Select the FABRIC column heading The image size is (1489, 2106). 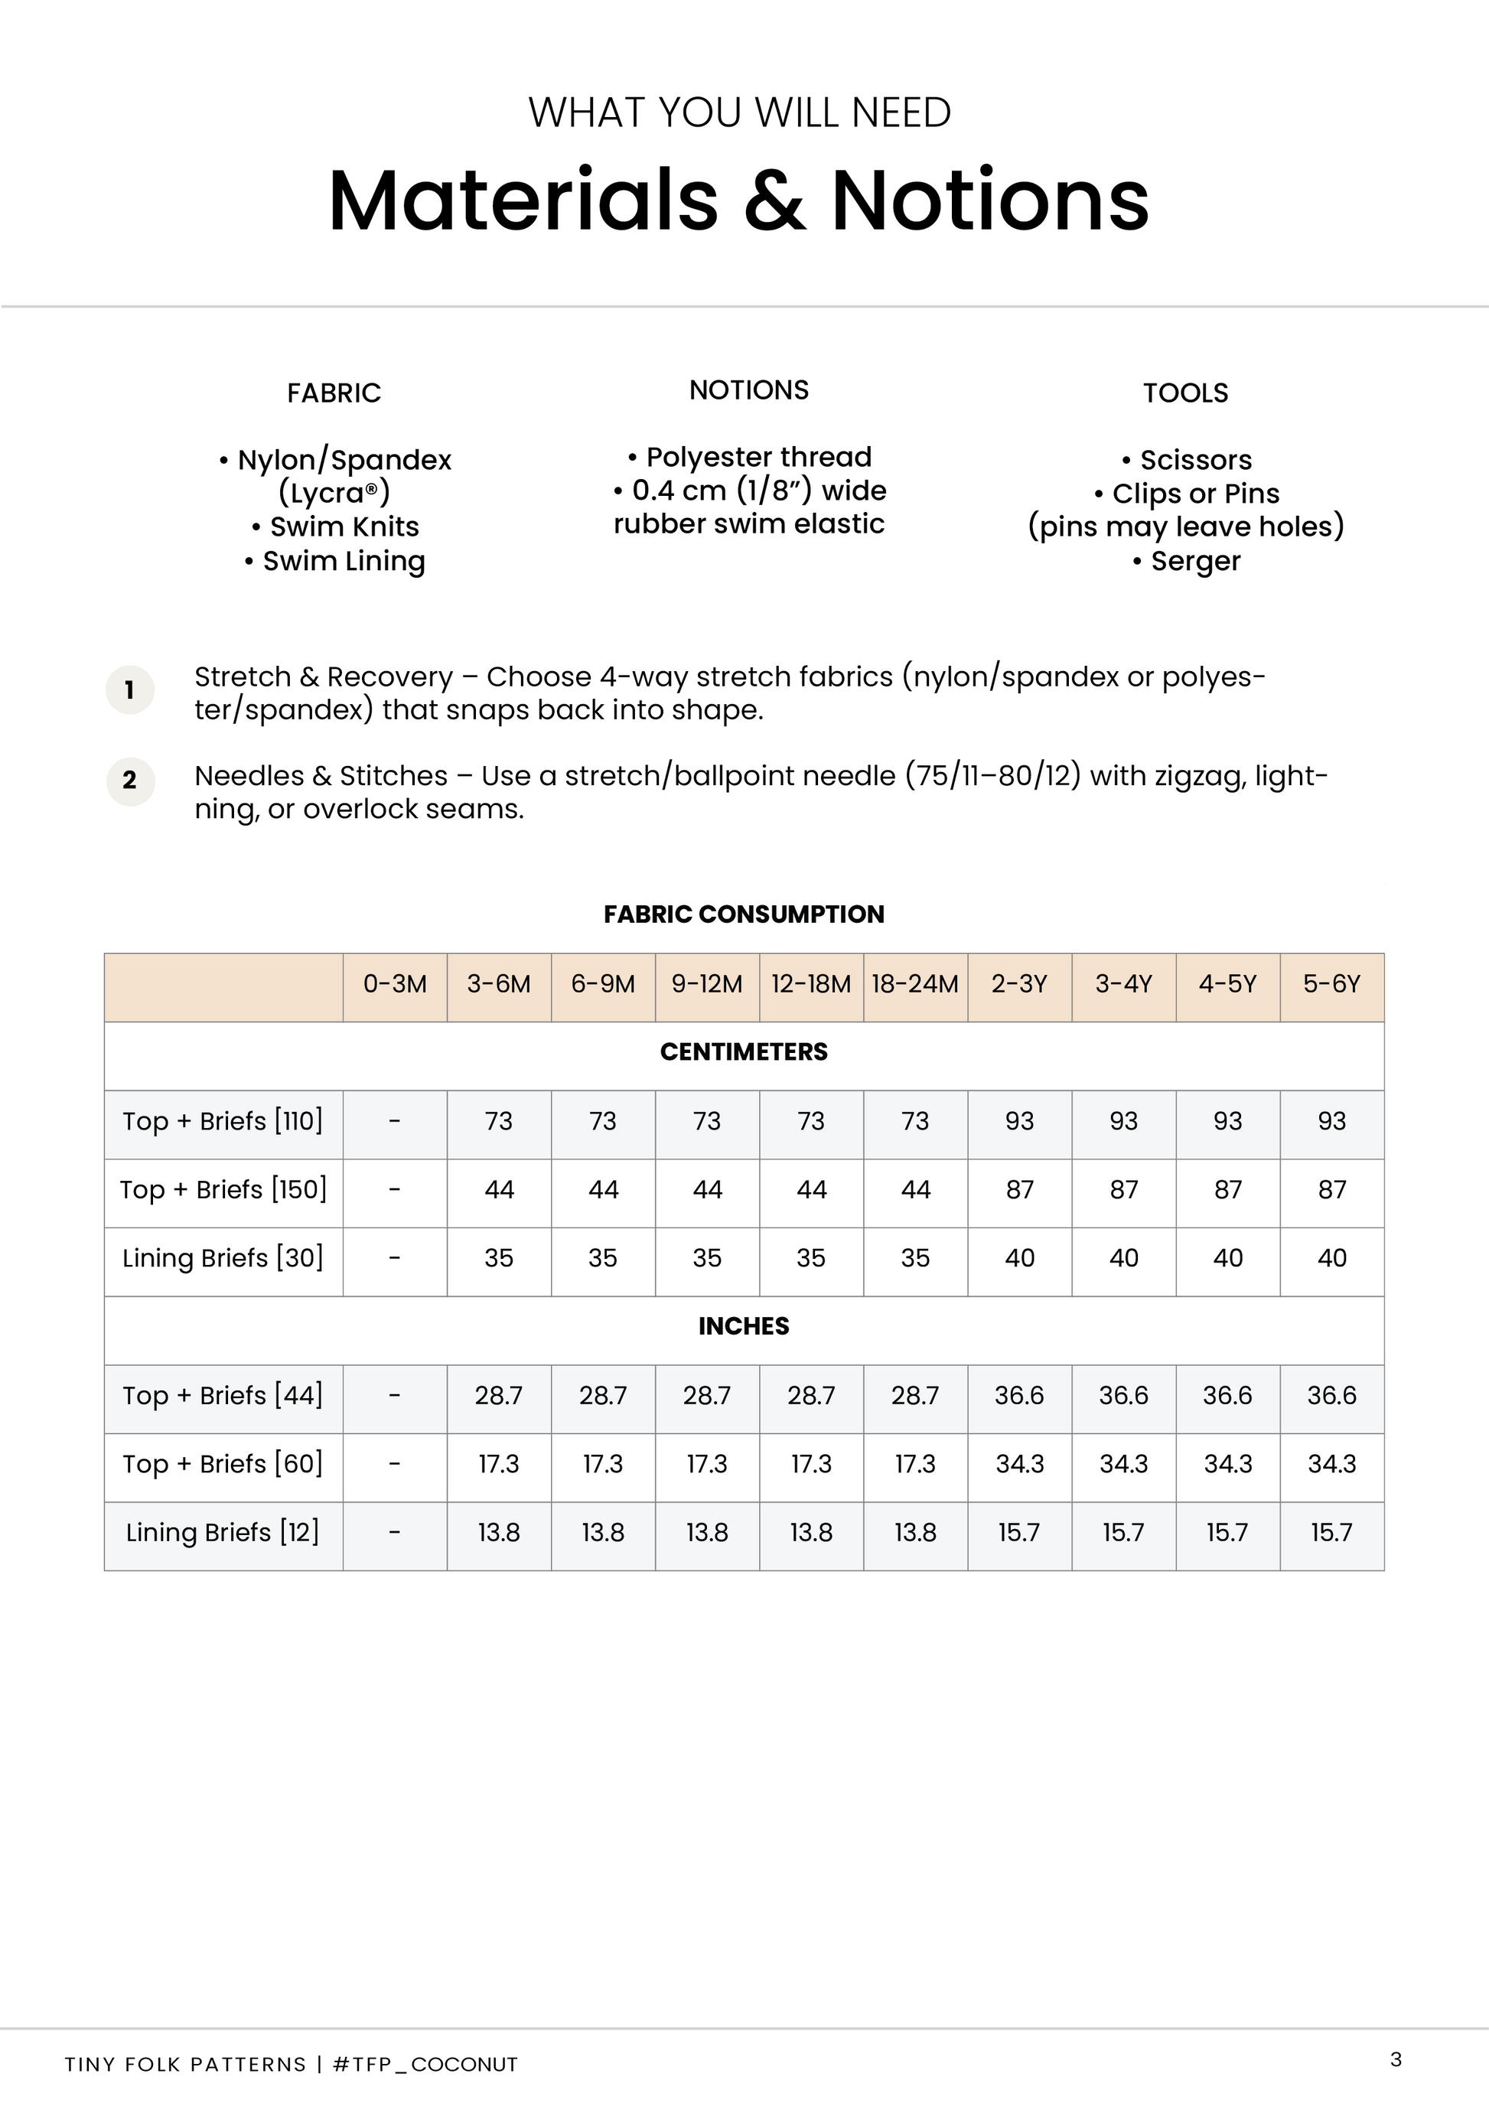(x=334, y=393)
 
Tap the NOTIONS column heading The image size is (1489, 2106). (x=749, y=391)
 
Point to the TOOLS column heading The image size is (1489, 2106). (x=1184, y=393)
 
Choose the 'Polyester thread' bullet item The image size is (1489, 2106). (x=750, y=458)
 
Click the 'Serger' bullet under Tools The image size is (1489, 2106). (x=1188, y=562)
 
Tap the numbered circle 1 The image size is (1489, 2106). (x=129, y=690)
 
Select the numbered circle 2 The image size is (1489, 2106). (x=130, y=781)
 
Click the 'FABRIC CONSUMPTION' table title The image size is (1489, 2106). (x=744, y=914)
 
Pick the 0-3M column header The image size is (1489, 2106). (x=395, y=984)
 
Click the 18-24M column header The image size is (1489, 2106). (x=915, y=984)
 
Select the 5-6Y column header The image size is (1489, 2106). (x=1331, y=984)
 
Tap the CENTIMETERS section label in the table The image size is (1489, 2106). (x=744, y=1052)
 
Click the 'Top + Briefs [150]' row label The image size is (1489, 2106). (x=223, y=1190)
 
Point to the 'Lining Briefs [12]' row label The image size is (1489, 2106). (x=223, y=1533)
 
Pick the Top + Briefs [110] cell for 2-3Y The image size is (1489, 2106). (x=1019, y=1121)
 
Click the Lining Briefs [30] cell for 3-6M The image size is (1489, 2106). (x=499, y=1258)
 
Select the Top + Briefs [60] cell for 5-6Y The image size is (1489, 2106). (x=1331, y=1464)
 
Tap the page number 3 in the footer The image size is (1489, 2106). (x=1396, y=2059)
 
